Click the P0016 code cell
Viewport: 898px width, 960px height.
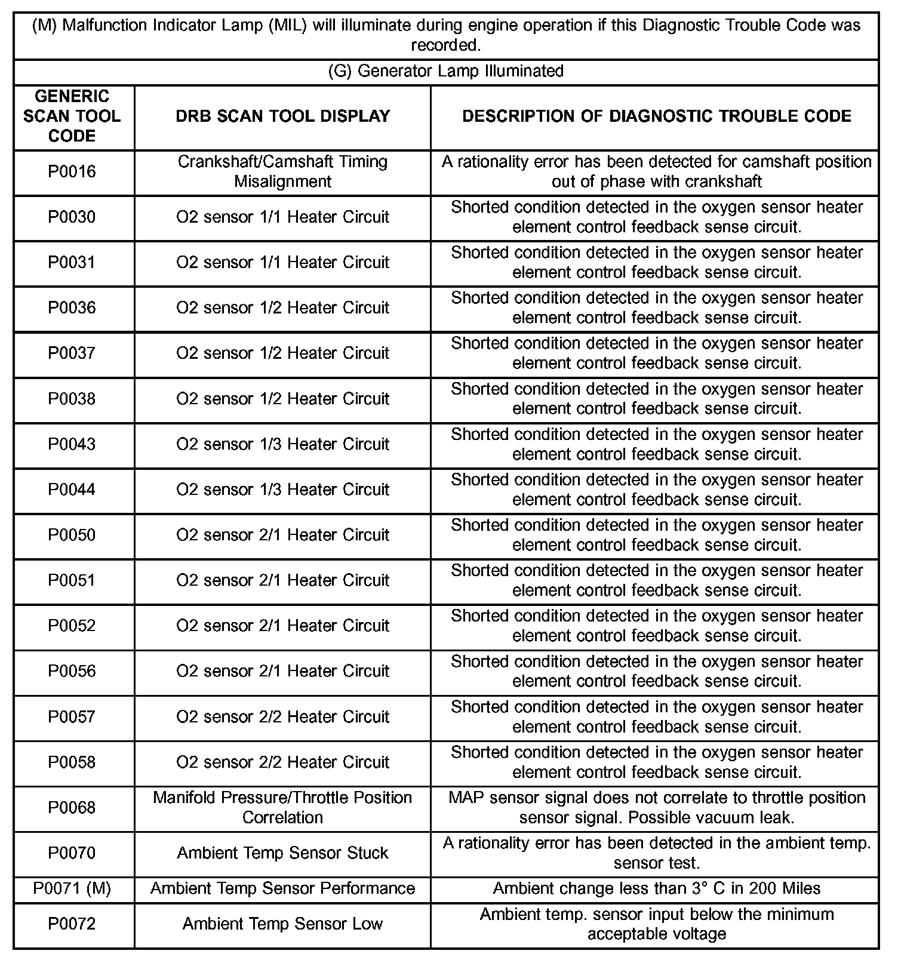(x=72, y=172)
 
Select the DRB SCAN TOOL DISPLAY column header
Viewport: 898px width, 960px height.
(x=282, y=116)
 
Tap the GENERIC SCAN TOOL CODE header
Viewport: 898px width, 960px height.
(x=72, y=116)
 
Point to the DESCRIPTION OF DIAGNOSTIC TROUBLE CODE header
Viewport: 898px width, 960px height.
(x=656, y=116)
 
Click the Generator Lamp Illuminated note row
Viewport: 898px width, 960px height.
(x=445, y=71)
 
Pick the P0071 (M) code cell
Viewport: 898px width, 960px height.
(x=72, y=888)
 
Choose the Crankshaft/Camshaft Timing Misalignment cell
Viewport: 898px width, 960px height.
(x=282, y=172)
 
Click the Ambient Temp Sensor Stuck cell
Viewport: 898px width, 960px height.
(x=282, y=853)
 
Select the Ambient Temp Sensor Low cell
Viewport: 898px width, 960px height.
(x=282, y=924)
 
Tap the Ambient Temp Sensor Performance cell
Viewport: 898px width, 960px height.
(x=282, y=888)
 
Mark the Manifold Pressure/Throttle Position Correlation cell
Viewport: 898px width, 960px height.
(x=282, y=808)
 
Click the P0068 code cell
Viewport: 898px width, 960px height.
(x=72, y=808)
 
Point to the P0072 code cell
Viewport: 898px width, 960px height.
(x=72, y=924)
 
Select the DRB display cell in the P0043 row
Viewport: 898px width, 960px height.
(x=282, y=444)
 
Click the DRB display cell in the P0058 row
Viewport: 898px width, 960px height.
(x=282, y=762)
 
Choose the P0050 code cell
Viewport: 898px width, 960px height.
(x=72, y=535)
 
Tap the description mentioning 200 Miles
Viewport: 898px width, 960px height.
(x=656, y=888)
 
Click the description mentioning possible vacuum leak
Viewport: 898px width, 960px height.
(x=656, y=808)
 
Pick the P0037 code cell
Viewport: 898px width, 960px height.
(x=72, y=353)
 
